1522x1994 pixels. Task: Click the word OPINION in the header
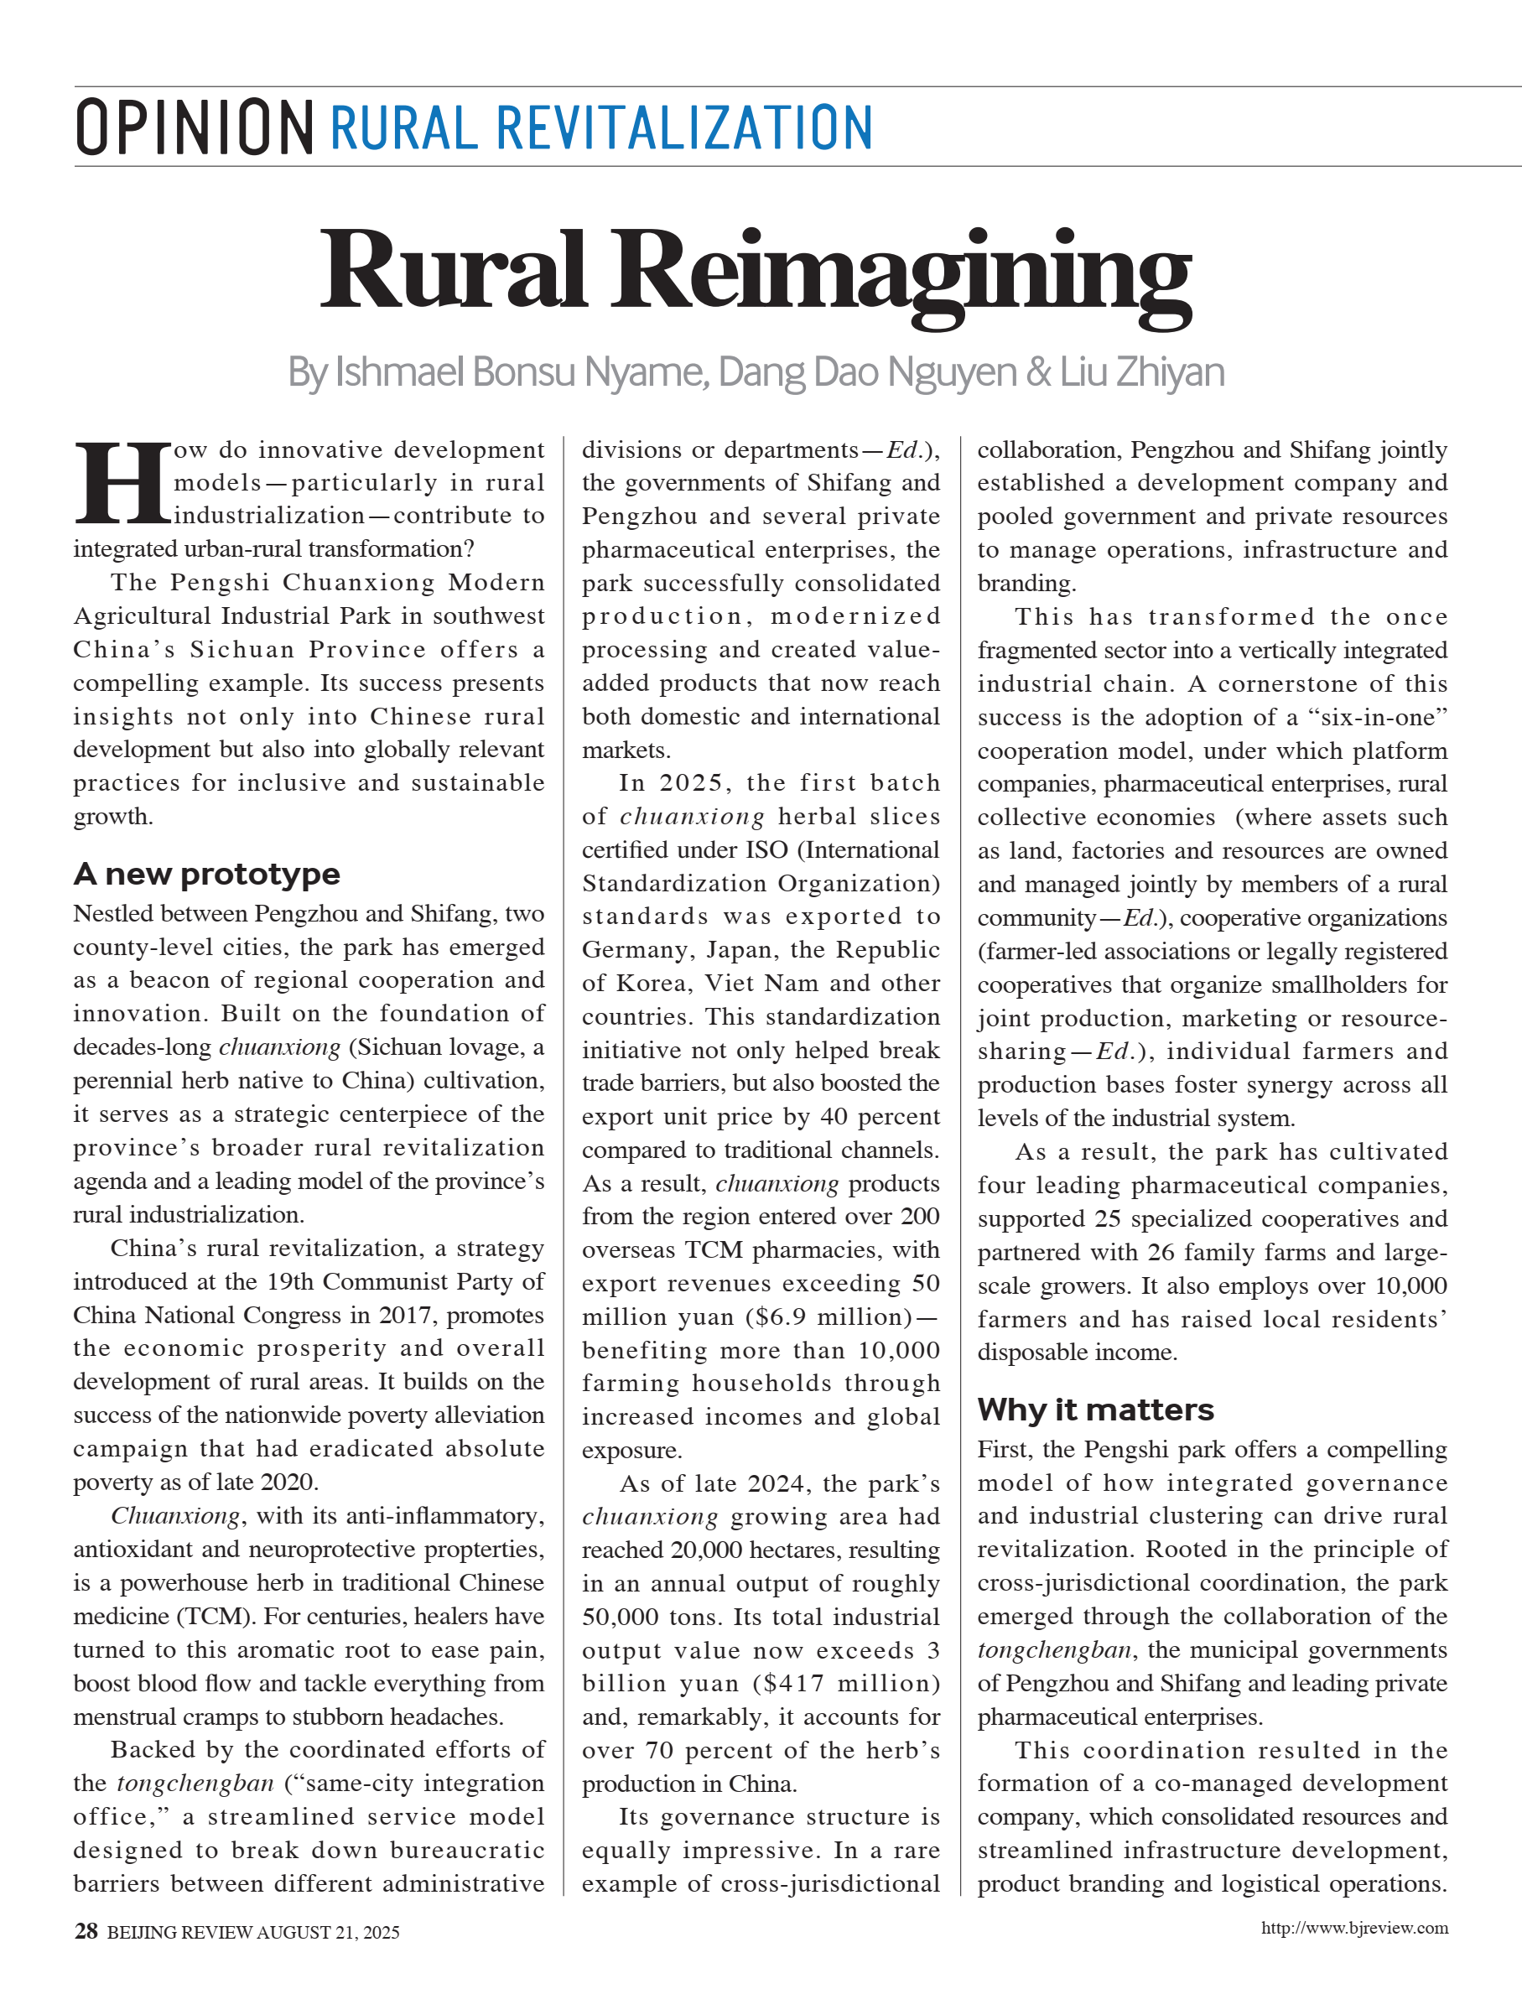[x=194, y=127]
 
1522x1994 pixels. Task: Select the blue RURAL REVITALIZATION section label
[x=600, y=127]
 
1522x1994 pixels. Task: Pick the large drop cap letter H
[x=122, y=483]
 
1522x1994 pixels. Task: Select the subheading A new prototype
[x=206, y=875]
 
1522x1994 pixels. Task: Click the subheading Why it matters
[x=1095, y=1410]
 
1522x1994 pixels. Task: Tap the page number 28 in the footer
[x=86, y=1931]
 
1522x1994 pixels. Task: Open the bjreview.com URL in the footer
[x=1354, y=1928]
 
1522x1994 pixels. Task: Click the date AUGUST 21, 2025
[x=328, y=1933]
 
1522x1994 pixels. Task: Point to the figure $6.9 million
[x=828, y=1316]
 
